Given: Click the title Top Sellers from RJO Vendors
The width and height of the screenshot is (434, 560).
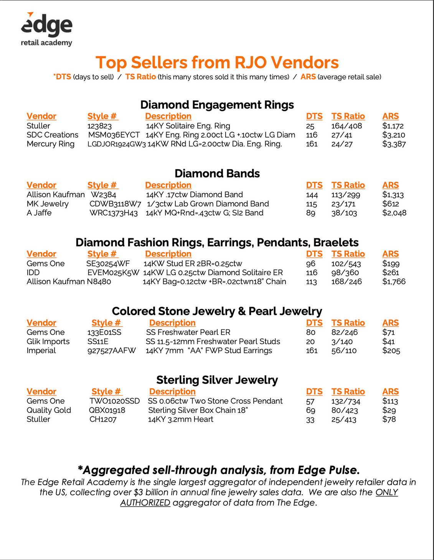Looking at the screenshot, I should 217,62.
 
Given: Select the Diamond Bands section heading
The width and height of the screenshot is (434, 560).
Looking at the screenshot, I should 217,173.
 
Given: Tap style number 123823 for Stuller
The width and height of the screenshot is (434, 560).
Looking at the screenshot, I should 99,126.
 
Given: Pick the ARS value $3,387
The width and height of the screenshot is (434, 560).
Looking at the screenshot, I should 394,144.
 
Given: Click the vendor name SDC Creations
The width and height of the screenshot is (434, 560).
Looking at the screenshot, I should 52,135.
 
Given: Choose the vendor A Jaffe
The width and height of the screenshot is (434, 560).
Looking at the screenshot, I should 39,213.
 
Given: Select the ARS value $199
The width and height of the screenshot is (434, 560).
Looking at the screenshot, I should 391,264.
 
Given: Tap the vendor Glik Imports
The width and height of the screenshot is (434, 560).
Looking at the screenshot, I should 48,341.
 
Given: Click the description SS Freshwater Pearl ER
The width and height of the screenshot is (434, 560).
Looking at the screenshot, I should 188,332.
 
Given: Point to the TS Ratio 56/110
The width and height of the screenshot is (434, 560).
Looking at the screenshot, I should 344,351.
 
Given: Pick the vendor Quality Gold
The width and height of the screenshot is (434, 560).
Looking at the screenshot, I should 49,410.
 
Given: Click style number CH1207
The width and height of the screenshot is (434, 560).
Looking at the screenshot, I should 103,419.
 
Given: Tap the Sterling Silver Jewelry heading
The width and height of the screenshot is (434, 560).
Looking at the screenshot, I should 217,380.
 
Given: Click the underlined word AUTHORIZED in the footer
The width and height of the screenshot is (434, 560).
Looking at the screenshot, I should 145,503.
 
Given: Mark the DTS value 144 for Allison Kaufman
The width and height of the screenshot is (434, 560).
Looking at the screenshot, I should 312,195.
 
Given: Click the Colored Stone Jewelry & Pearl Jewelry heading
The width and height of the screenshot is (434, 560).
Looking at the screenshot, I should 217,311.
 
